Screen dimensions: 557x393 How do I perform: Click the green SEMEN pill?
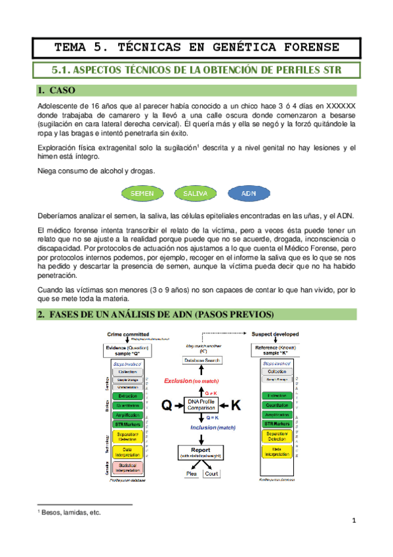[x=142, y=194]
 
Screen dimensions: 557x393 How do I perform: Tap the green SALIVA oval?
[x=196, y=194]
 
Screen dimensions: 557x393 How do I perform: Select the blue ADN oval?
[x=249, y=194]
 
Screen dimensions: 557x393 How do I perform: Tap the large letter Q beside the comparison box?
[x=167, y=405]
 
